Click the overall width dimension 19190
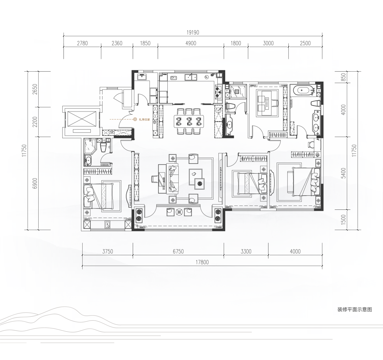coord(193,33)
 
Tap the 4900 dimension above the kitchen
coord(191,43)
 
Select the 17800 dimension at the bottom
coord(202,262)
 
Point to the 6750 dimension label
coord(178,251)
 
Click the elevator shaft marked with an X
coord(81,119)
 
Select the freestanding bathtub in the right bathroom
coord(303,91)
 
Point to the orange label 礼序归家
coord(144,120)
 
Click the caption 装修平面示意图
coord(355,309)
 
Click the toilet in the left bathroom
coord(104,147)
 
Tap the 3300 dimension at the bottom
coord(246,251)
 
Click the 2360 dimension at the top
coord(117,43)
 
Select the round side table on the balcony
coord(180,212)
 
